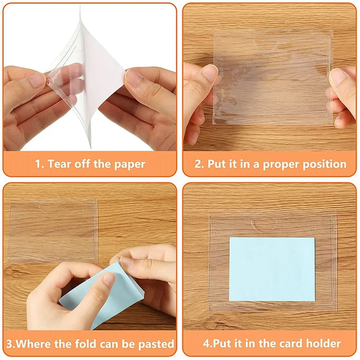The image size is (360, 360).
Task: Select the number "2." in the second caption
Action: click(x=199, y=164)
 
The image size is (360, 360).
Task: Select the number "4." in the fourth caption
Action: click(x=208, y=344)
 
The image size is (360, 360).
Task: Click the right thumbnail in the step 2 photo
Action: click(x=338, y=76)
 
